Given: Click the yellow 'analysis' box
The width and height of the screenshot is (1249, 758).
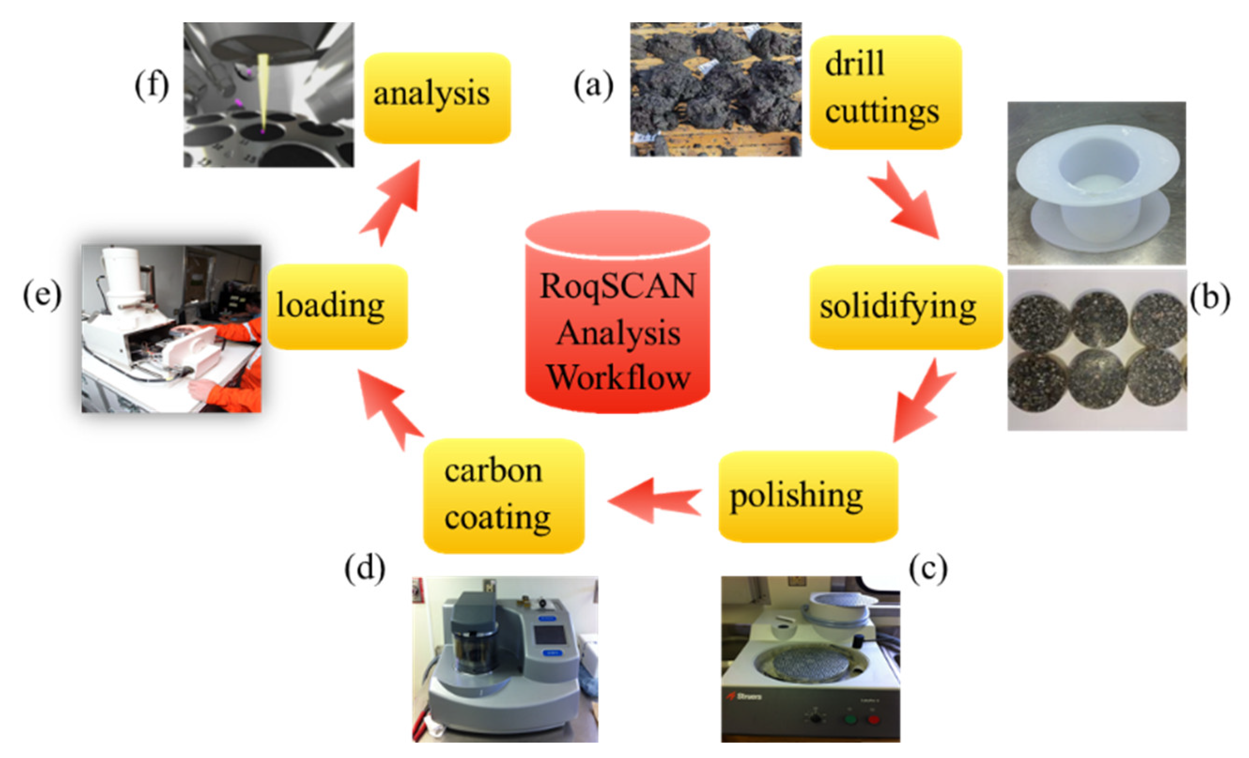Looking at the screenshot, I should pos(437,98).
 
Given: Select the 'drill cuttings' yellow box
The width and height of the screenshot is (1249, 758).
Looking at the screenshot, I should pos(885,92).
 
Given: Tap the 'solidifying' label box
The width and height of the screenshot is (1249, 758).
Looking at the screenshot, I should pos(905,307).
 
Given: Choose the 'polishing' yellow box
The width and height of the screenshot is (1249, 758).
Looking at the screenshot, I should pos(808,497).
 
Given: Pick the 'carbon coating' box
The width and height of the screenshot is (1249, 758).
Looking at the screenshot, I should pos(503,496).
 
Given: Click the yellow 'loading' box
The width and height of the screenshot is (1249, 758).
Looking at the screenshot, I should pos(338,306).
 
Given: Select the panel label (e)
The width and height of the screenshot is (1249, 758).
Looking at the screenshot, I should pos(42,295).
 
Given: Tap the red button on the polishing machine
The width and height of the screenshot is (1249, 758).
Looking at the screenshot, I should pos(873,720).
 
